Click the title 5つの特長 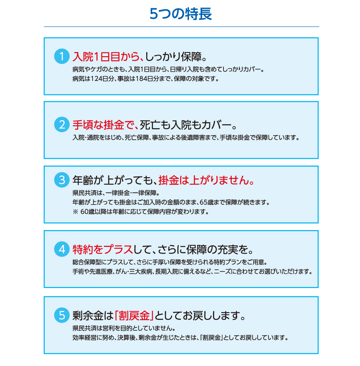[181, 14]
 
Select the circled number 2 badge [61, 124]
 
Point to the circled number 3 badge [61, 180]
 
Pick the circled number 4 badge [61, 249]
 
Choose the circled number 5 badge [61, 315]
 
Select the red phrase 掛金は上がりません [204, 181]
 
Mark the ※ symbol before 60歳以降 [75, 212]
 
